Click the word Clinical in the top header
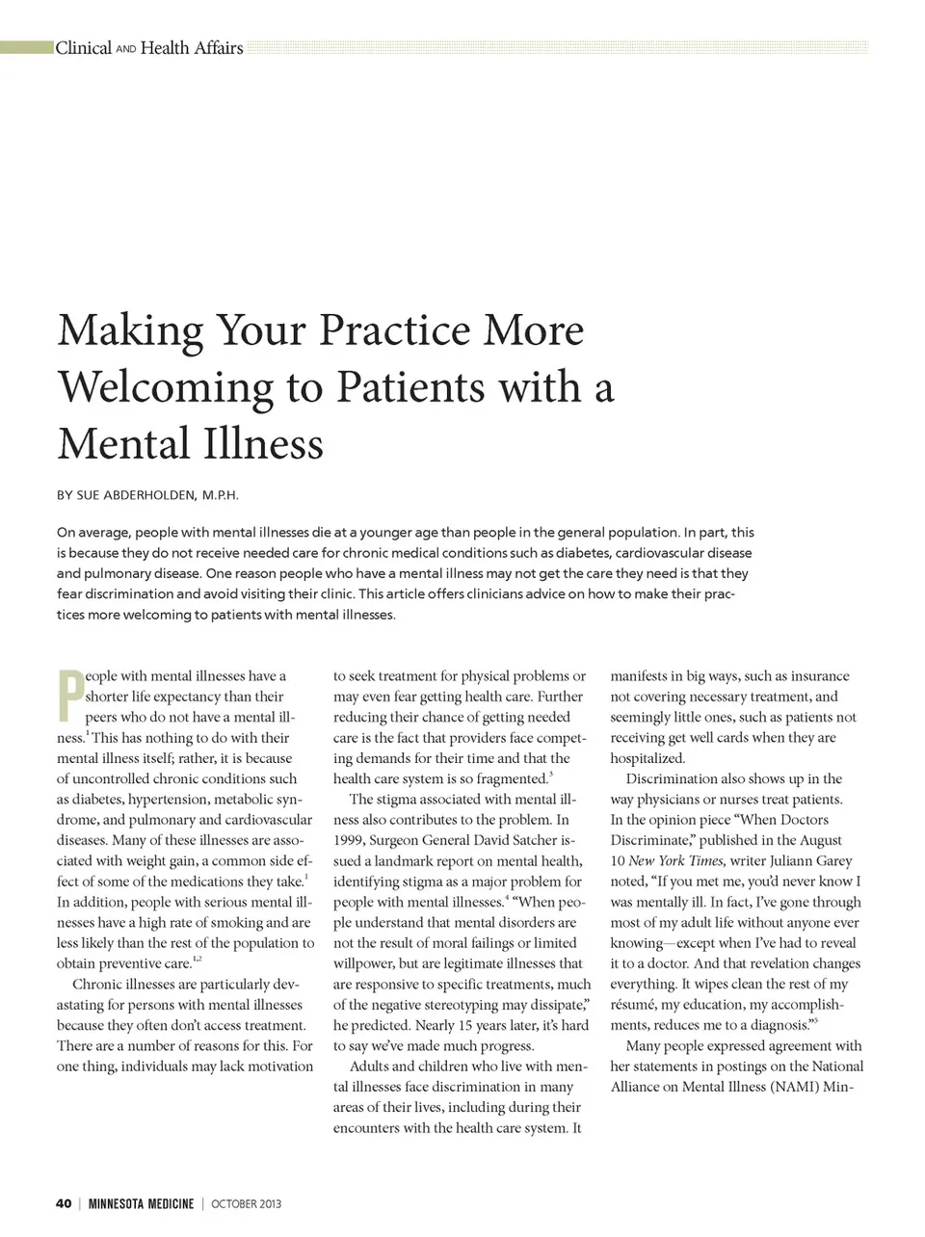tap(84, 48)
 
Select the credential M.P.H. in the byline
tap(220, 495)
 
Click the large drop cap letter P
tap(69, 696)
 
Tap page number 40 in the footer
tap(64, 1203)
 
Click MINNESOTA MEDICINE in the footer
tap(141, 1203)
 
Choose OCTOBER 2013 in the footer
tap(247, 1203)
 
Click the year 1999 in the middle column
tap(348, 840)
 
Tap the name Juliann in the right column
tap(792, 860)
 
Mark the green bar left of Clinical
tap(27, 47)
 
